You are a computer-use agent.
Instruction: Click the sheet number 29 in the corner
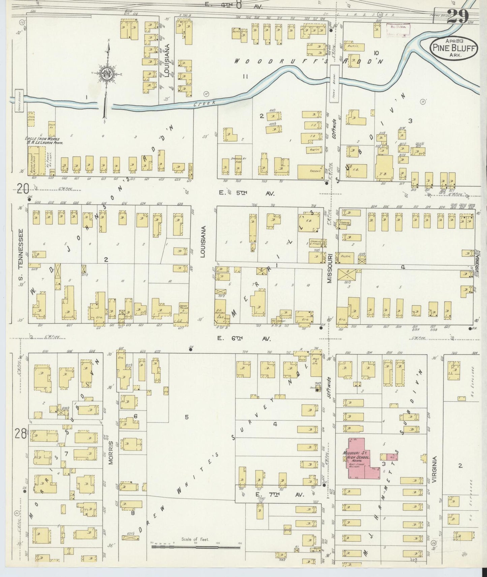click(x=457, y=16)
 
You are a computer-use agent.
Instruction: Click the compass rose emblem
click(x=108, y=75)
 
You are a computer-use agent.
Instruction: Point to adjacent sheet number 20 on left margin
click(x=23, y=190)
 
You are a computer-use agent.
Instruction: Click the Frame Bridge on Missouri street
click(x=335, y=80)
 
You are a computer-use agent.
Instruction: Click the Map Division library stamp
click(x=398, y=30)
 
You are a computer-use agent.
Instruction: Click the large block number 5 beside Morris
click(x=186, y=417)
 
